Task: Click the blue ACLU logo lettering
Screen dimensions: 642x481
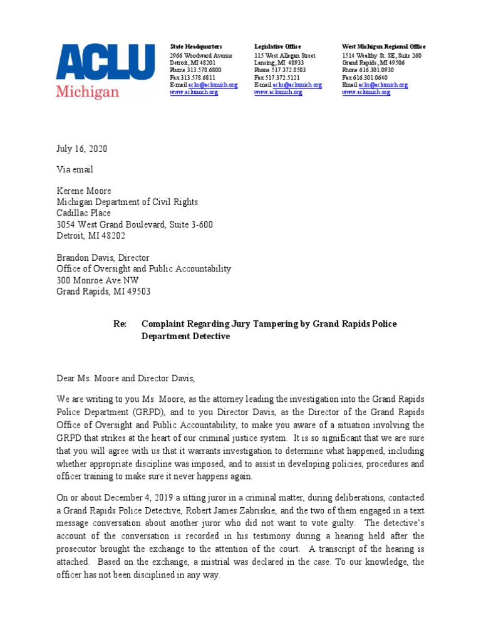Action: tap(105, 63)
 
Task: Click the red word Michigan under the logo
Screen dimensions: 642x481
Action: tap(87, 92)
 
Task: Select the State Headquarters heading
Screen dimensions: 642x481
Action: tap(196, 47)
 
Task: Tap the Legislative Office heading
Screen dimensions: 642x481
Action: tap(277, 47)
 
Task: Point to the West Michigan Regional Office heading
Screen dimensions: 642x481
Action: tap(383, 47)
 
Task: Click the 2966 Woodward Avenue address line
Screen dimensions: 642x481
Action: tap(201, 56)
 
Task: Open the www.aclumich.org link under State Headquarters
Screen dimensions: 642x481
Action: tap(194, 92)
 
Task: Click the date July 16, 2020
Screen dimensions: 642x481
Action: tap(82, 149)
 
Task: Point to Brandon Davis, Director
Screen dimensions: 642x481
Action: tap(103, 258)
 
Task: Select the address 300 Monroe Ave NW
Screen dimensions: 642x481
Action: tap(98, 280)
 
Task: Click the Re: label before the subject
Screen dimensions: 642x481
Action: tap(120, 324)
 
